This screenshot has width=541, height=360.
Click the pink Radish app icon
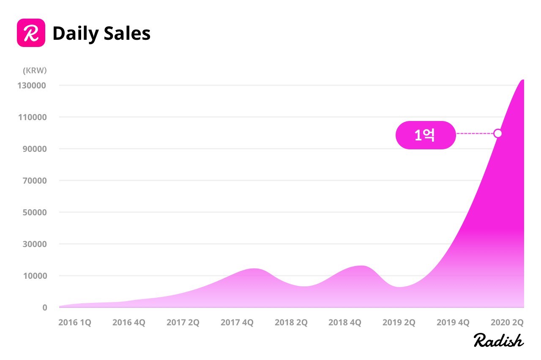(x=31, y=33)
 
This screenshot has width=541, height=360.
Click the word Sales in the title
(x=127, y=33)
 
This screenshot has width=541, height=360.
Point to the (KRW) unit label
(x=35, y=70)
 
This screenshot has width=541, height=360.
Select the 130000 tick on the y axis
(x=32, y=85)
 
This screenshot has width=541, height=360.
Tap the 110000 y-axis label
(x=33, y=117)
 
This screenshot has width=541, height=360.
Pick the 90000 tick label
(x=35, y=149)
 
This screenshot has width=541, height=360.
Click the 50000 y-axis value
(x=35, y=212)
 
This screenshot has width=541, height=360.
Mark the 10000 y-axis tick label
(x=35, y=276)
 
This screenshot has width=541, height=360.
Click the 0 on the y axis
(x=45, y=308)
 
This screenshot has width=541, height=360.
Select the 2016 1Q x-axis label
(x=75, y=322)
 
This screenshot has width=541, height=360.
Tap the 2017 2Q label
(x=183, y=322)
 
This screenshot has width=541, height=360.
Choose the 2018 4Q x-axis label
(x=345, y=322)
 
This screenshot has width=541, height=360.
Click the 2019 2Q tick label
(x=399, y=322)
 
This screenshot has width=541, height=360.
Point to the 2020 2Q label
(x=507, y=322)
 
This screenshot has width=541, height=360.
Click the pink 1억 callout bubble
(x=426, y=135)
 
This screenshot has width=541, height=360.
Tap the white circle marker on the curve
(x=498, y=133)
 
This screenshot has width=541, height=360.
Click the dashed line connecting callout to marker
(x=475, y=133)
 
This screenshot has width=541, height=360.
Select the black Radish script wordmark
(x=498, y=340)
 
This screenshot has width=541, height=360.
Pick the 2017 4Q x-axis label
(x=237, y=322)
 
